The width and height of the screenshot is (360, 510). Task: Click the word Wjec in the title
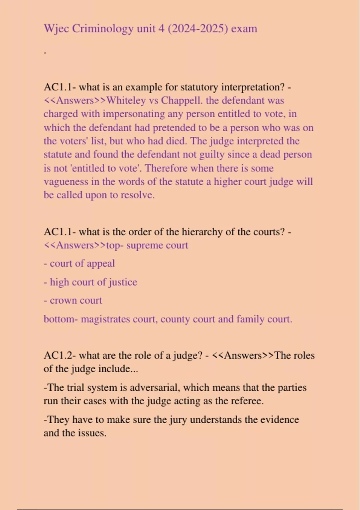(x=56, y=29)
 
